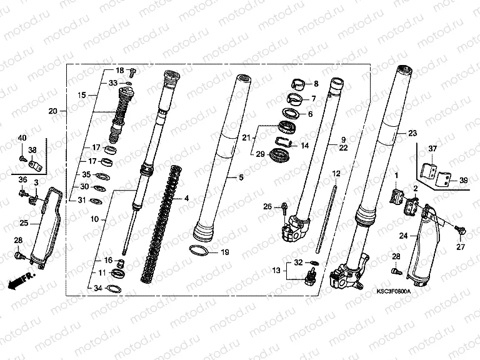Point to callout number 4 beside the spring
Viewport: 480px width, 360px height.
pos(186,198)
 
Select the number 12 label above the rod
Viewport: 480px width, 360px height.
pos(336,173)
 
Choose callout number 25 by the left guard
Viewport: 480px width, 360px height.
pos(22,222)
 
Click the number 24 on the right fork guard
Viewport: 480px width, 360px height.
pos(403,236)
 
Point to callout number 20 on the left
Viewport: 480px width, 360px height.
pos(53,111)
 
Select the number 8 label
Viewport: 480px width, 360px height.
pos(315,84)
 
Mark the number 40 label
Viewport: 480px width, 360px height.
pos(22,137)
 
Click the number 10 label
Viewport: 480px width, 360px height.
pos(94,220)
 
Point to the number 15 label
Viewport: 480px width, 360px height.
pos(81,96)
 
